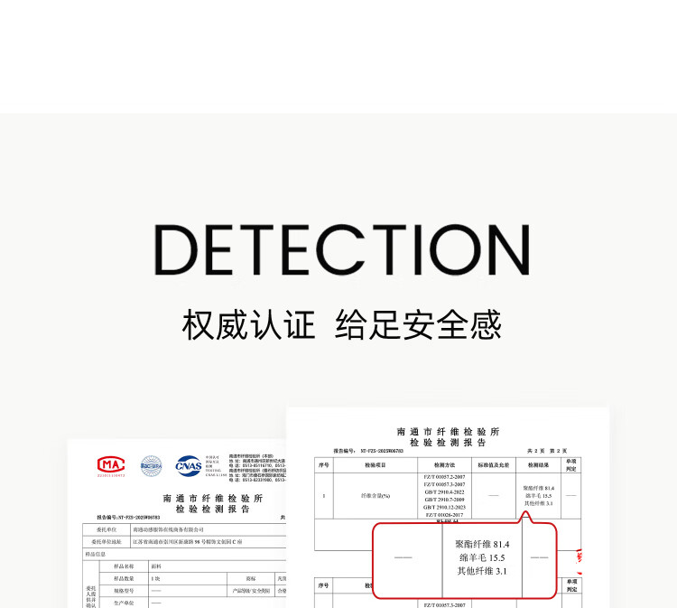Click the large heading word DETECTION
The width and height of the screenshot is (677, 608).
341,248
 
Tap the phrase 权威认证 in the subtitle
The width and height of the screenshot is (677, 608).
250,324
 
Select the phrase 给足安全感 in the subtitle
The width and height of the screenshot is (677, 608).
418,324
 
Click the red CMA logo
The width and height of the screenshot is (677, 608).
111,465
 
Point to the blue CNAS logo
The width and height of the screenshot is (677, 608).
189,464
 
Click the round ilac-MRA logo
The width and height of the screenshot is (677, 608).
150,465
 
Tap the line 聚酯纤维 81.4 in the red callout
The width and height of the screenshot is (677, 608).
483,544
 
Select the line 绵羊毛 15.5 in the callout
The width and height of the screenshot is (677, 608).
482,557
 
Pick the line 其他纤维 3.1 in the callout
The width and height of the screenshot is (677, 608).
483,571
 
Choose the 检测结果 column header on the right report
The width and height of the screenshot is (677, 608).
538,464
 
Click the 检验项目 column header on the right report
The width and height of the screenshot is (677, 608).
375,464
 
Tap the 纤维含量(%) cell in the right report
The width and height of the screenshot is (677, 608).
375,495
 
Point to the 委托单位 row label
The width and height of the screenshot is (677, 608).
107,529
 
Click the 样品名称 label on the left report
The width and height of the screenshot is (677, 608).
123,566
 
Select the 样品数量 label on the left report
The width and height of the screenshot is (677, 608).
123,578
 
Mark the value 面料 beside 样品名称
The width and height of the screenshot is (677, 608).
157,566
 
